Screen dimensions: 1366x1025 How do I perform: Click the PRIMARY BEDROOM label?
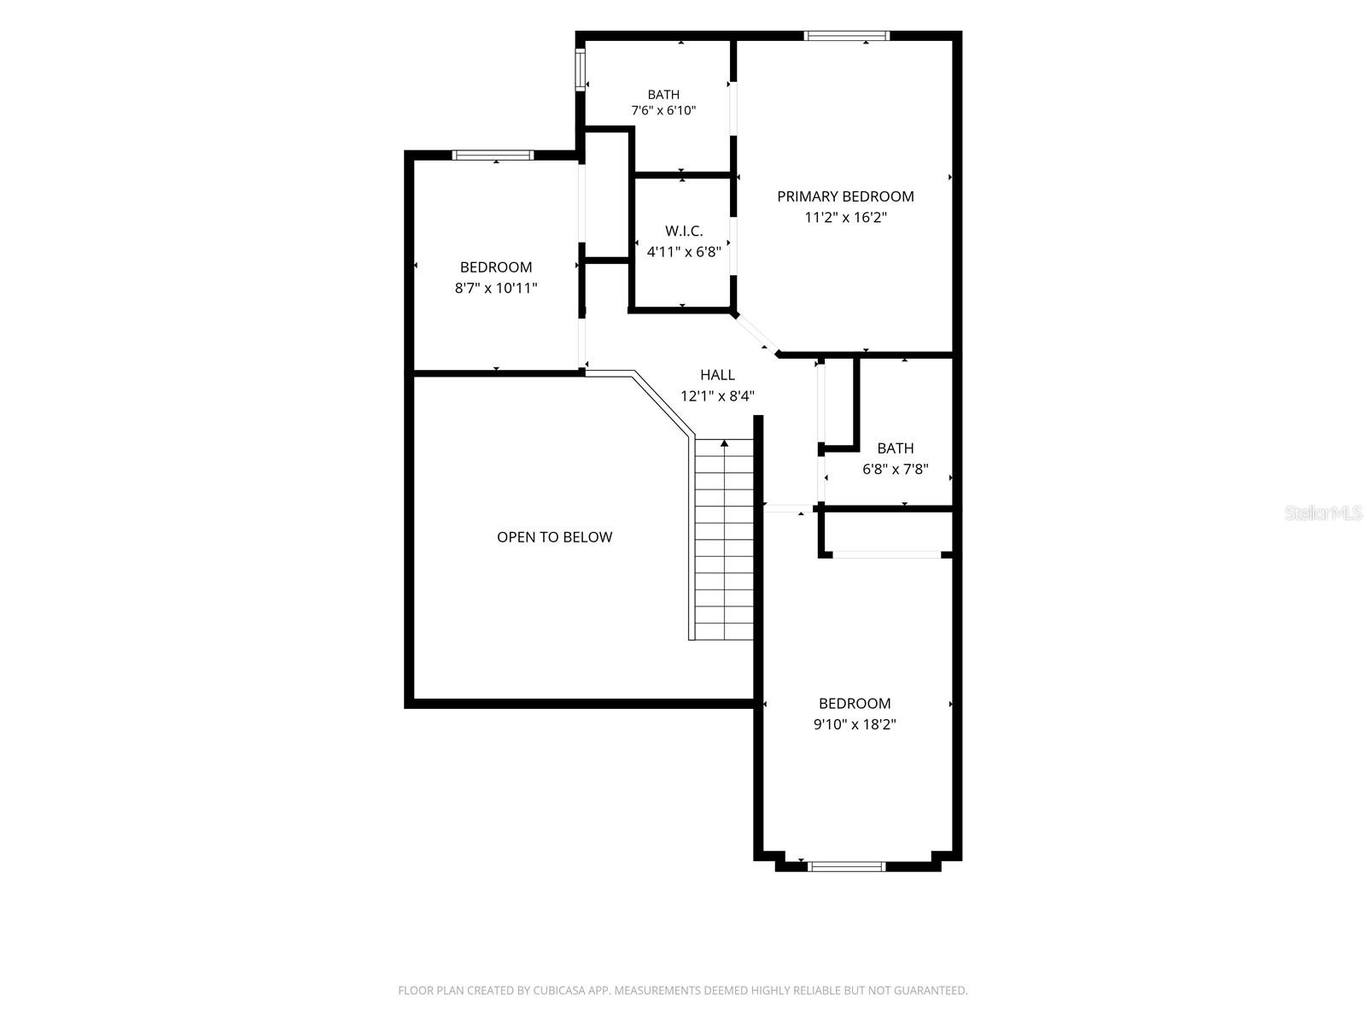[845, 196]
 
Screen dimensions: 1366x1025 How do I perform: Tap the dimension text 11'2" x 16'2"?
[845, 217]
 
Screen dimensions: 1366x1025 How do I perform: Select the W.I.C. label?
[684, 231]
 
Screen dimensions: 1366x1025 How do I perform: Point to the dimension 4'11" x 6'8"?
[684, 252]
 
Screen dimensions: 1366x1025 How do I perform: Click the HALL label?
[717, 375]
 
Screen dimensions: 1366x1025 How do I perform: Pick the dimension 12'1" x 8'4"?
[717, 395]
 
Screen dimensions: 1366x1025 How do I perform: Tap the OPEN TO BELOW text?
[554, 537]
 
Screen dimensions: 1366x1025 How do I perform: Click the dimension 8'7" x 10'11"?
[496, 288]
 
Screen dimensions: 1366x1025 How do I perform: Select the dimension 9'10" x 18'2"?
[855, 724]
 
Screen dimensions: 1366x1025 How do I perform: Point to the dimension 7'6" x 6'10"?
[663, 111]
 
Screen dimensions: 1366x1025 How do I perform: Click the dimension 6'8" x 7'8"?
[896, 469]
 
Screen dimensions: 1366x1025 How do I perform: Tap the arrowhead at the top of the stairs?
[724, 443]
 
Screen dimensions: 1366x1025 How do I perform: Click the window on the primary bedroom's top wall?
[846, 36]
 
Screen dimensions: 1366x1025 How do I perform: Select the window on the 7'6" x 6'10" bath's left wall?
[580, 70]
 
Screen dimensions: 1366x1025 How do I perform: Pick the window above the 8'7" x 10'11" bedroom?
[493, 155]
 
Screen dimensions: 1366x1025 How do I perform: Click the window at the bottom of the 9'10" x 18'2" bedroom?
[846, 865]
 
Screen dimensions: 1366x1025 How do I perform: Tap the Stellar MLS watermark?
[1323, 512]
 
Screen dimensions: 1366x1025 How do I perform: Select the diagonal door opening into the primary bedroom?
[756, 335]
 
